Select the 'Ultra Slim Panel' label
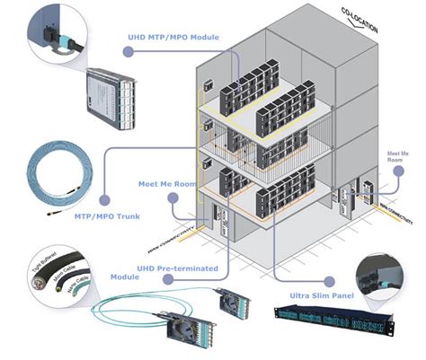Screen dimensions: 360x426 pyautogui.click(x=322, y=294)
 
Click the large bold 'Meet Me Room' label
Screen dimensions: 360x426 pyautogui.click(x=168, y=183)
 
